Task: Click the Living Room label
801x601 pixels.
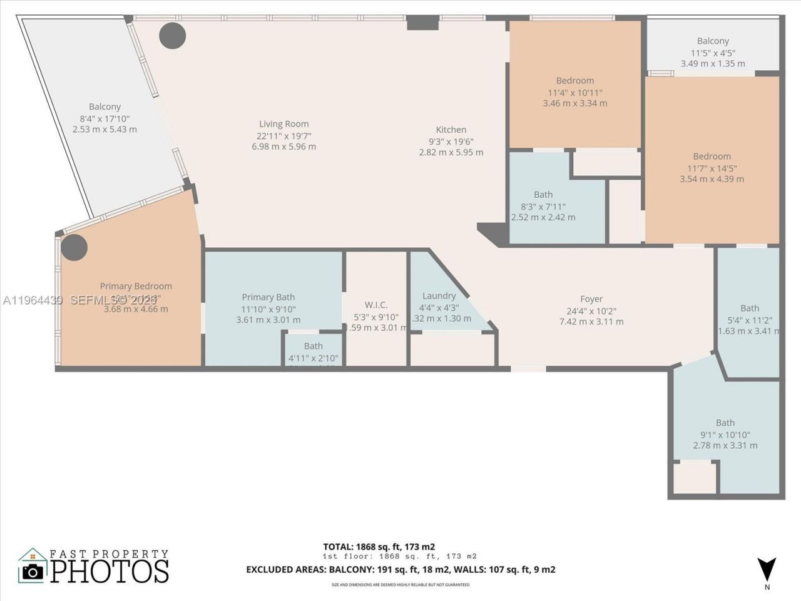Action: click(284, 124)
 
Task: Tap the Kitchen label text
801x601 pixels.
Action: click(451, 130)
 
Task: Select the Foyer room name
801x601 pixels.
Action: click(591, 299)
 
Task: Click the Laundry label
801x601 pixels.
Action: click(439, 295)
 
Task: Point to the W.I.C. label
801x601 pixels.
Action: click(375, 305)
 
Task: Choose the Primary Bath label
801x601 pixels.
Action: click(268, 297)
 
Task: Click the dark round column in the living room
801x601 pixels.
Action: click(172, 36)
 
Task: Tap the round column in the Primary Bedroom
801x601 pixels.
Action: click(74, 248)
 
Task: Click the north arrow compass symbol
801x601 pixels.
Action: click(767, 569)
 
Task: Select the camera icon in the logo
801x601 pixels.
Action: click(33, 571)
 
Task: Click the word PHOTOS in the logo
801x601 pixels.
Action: click(110, 571)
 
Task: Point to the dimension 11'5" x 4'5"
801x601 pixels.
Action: click(713, 53)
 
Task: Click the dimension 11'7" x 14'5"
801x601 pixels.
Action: click(712, 168)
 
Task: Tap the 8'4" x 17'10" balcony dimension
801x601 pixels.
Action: click(105, 118)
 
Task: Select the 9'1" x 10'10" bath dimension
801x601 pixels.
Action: click(725, 434)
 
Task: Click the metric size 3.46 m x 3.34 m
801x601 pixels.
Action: click(575, 103)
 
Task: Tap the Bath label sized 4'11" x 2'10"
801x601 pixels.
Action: click(314, 346)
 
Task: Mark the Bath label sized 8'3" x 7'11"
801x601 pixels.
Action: click(543, 195)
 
